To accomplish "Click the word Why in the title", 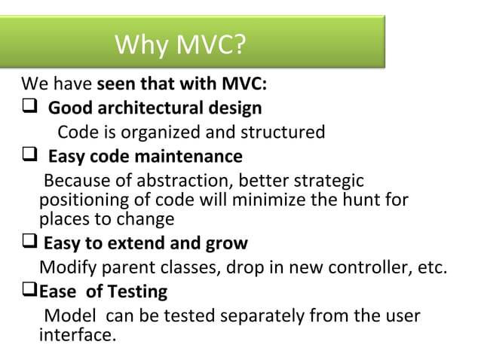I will pos(141,46).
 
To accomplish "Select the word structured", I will pos(283,133).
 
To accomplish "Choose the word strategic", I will pos(328,182).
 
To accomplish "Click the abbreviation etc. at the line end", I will pos(431,267).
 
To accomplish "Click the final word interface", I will pos(78,334).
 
